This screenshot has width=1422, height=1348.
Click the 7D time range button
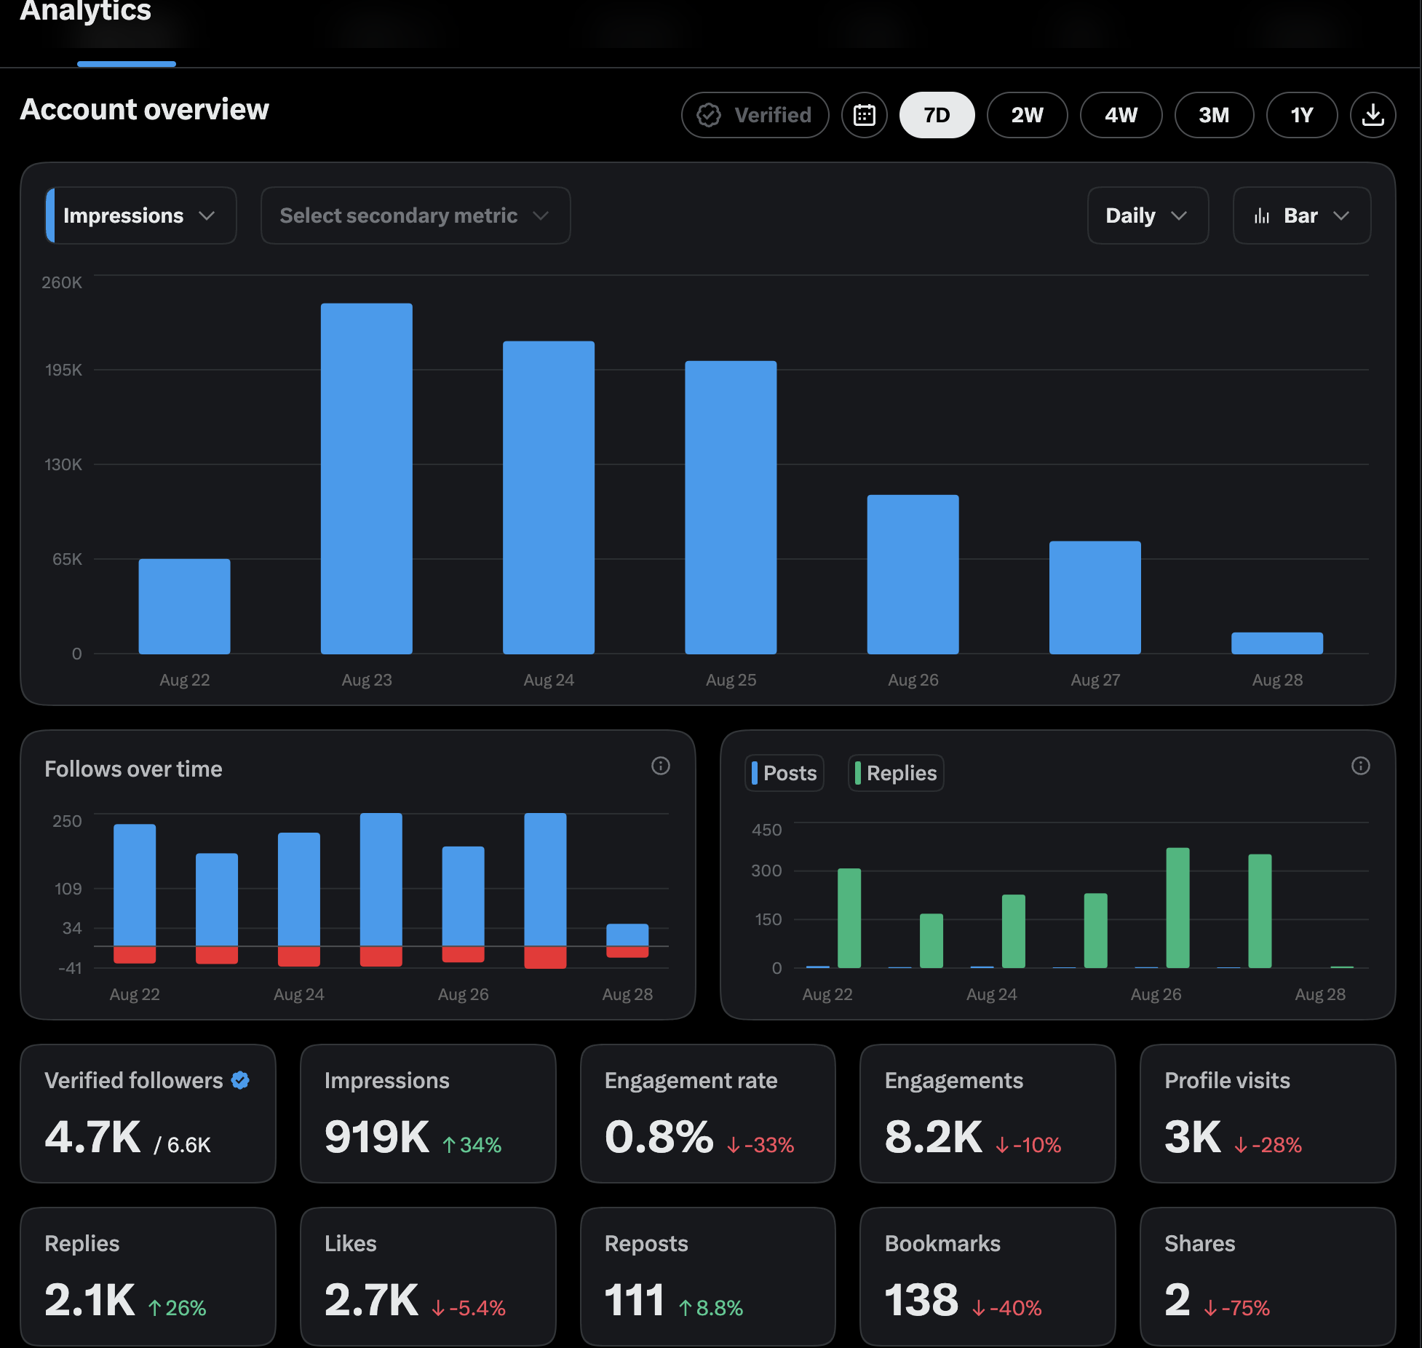click(x=937, y=115)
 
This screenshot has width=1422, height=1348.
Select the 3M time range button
click(x=1214, y=115)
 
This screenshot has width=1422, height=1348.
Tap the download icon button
click(x=1373, y=115)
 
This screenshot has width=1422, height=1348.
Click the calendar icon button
click(x=865, y=115)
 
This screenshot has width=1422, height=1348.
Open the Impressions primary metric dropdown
click(x=140, y=215)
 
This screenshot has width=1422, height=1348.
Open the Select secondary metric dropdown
click(x=416, y=215)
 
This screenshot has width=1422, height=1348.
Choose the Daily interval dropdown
click(x=1148, y=215)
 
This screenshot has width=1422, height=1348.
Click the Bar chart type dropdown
click(x=1302, y=215)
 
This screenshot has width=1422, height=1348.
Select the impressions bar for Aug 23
click(x=367, y=479)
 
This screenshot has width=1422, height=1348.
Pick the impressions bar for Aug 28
click(x=1277, y=643)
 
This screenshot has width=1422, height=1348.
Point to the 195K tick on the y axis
click(x=63, y=370)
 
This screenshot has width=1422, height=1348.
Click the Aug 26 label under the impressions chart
click(x=913, y=680)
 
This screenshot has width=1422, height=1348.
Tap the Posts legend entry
click(x=785, y=773)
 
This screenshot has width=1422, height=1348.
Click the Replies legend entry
click(x=896, y=773)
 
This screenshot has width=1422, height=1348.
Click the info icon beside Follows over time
click(x=661, y=766)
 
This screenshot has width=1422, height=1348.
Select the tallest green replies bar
click(x=1178, y=908)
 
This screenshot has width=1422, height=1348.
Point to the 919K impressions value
click(x=377, y=1137)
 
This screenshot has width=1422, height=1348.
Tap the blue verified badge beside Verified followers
click(x=240, y=1081)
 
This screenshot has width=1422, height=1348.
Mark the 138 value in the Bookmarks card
click(x=921, y=1300)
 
